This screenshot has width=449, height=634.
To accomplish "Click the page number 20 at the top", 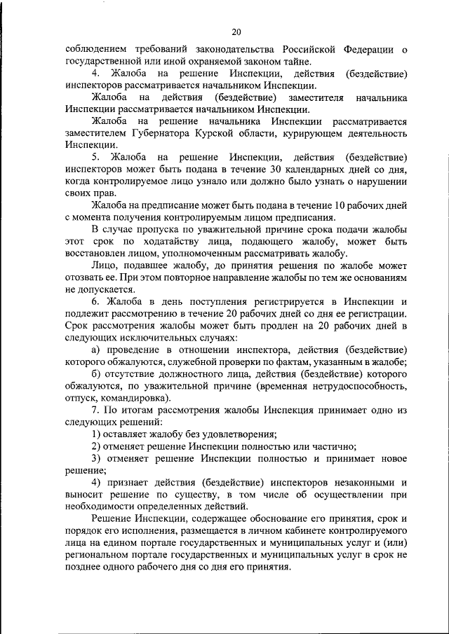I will (x=236, y=32).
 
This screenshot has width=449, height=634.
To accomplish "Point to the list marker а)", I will (x=98, y=349).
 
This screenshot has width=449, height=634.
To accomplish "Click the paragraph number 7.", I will (x=96, y=410).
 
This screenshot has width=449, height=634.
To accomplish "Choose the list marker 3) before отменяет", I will (x=98, y=458).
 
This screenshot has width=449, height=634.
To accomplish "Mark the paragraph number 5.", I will (x=96, y=157).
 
